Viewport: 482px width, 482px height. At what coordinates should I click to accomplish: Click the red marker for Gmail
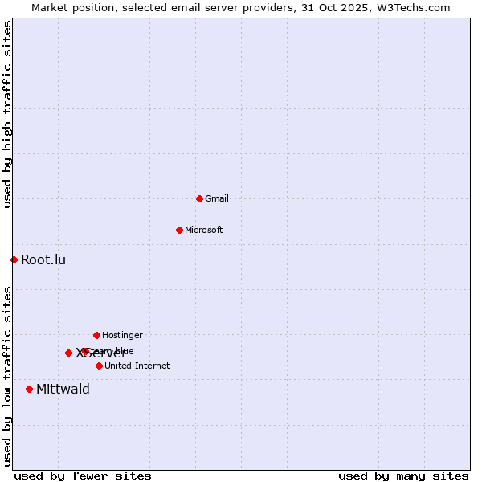199,198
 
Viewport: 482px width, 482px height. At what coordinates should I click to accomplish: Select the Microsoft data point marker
179,230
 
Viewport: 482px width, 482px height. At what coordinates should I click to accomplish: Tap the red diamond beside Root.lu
14,259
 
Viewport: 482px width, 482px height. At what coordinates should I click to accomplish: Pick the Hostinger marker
96,335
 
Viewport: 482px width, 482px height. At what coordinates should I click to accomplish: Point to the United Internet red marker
99,366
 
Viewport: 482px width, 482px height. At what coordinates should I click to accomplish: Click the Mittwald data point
29,389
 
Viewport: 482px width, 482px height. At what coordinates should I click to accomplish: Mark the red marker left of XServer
68,353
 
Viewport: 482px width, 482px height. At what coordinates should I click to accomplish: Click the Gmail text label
217,198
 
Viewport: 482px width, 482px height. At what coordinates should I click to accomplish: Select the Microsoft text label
204,230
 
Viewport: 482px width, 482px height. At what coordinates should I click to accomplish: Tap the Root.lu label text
43,259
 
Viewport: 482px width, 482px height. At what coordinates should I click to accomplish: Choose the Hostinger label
122,335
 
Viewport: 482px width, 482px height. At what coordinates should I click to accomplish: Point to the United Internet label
137,366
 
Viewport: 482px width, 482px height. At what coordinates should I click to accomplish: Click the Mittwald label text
63,390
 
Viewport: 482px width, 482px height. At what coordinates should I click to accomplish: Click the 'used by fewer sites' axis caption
83,476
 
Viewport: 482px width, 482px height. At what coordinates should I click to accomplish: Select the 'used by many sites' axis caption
403,476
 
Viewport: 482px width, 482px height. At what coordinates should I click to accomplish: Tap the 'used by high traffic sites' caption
7,115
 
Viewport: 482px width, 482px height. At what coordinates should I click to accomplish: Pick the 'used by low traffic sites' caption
7,376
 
